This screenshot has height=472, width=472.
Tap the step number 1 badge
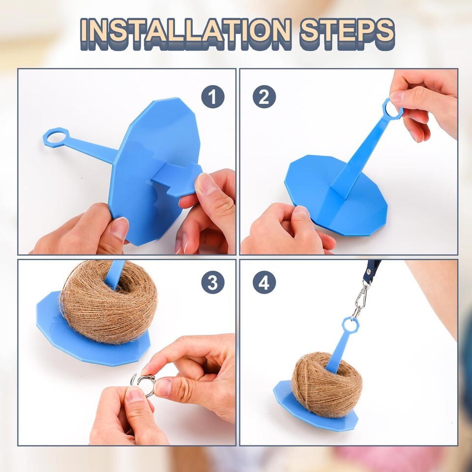pyautogui.click(x=213, y=97)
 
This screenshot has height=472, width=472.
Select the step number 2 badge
pyautogui.click(x=265, y=97)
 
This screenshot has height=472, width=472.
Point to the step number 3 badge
pyautogui.click(x=213, y=282)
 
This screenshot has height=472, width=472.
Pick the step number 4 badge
pyautogui.click(x=265, y=282)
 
